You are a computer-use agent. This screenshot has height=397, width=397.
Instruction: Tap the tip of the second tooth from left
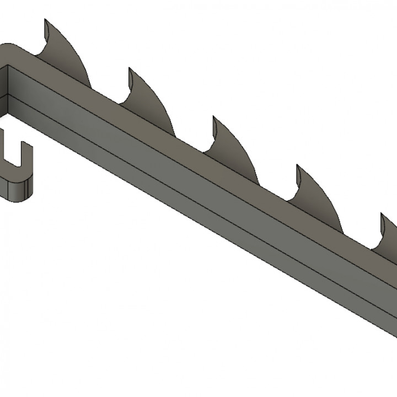click(x=130, y=69)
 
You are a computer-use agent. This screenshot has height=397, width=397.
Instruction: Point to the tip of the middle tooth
click(x=214, y=117)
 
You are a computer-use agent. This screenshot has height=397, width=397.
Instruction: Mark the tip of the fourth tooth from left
click(x=298, y=166)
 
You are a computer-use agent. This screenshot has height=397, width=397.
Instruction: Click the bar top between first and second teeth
click(x=105, y=94)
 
